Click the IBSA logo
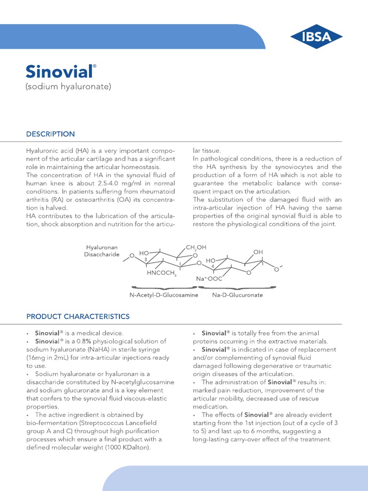[317, 36]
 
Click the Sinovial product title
[58, 71]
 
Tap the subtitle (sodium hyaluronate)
[68, 86]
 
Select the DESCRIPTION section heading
[50, 134]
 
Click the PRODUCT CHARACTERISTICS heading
[78, 316]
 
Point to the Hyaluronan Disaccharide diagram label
[102, 251]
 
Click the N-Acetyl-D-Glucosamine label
[163, 295]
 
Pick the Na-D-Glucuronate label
[237, 295]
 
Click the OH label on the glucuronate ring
[258, 252]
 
